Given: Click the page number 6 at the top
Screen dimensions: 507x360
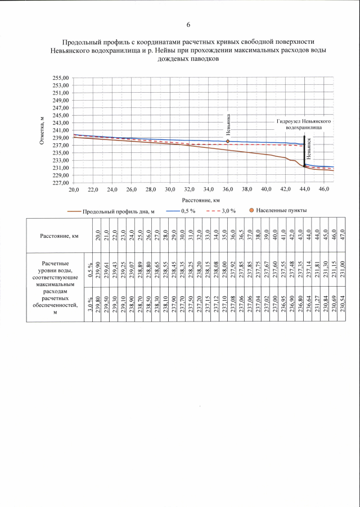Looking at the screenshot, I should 188,25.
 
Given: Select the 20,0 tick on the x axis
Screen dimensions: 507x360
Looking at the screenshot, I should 74,190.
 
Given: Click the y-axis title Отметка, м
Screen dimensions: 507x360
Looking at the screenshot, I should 42,130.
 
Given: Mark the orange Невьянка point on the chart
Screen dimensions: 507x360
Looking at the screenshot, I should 228,141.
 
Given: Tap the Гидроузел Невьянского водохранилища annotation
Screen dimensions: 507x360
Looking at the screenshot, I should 303,124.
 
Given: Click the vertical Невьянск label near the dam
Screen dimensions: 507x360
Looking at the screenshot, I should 309,151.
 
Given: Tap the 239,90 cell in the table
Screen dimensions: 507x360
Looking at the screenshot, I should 98,268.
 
